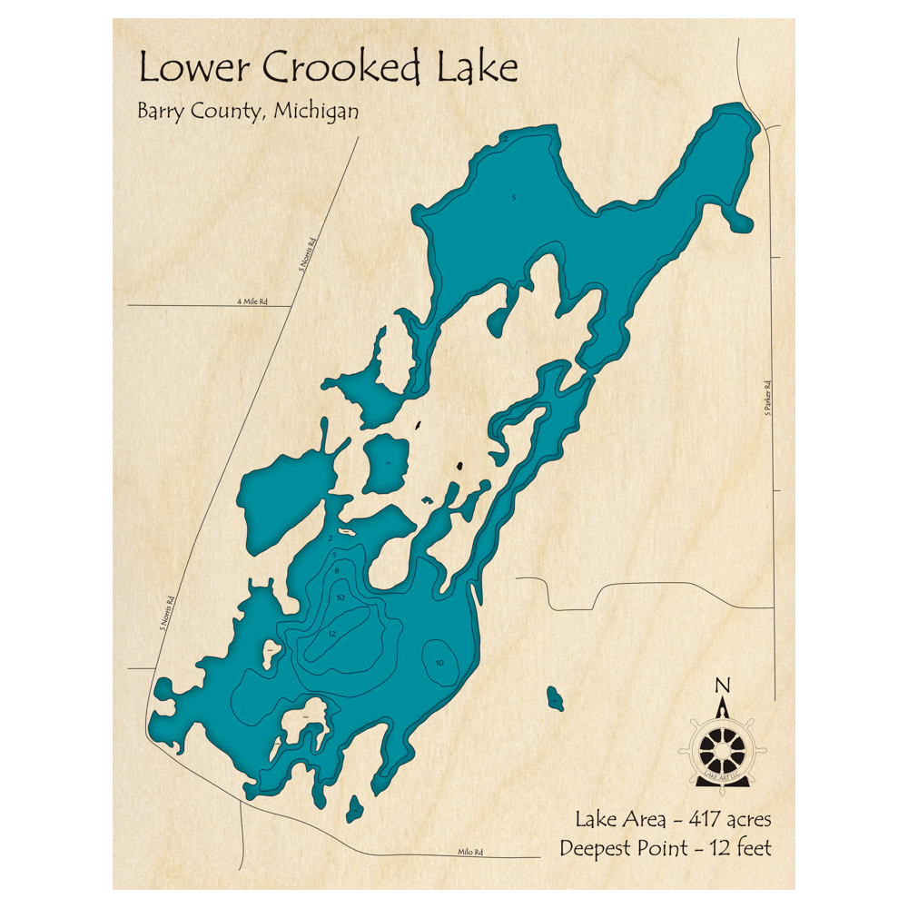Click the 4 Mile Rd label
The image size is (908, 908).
(253, 301)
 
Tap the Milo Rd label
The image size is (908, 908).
(469, 852)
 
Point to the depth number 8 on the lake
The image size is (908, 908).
(337, 570)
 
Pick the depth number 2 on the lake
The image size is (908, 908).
(331, 538)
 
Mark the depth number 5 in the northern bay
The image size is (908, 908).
(514, 197)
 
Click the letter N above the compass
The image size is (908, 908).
(722, 685)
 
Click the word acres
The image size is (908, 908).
(747, 820)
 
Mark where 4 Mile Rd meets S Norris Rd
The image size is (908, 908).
(291, 305)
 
